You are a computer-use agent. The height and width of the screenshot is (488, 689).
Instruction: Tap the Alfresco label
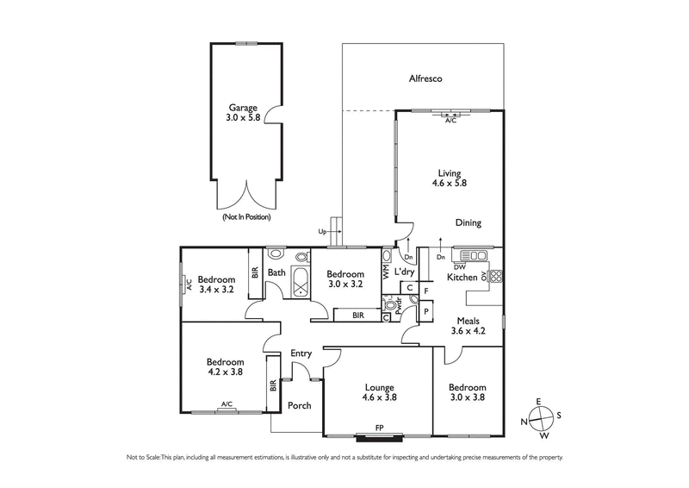425,79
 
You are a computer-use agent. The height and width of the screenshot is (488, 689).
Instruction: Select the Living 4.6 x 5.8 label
449,177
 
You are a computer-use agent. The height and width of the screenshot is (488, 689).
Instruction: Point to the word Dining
468,222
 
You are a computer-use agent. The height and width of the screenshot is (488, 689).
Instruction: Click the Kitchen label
462,278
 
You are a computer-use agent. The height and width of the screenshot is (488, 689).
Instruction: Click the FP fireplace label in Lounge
379,427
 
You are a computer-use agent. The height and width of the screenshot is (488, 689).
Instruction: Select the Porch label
299,405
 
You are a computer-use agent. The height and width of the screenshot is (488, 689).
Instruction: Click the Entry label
301,353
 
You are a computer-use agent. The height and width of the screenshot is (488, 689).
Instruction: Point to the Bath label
276,273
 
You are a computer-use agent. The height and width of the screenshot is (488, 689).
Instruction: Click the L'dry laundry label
405,272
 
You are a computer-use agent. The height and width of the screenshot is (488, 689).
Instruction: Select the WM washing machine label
386,271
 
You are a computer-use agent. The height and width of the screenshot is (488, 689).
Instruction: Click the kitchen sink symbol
473,255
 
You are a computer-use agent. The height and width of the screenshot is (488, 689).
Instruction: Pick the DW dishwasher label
460,267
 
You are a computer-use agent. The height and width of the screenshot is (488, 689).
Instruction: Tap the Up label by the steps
323,232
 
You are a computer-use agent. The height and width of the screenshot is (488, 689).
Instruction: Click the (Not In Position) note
246,217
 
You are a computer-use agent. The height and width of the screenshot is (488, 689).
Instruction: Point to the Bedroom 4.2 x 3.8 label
226,367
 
